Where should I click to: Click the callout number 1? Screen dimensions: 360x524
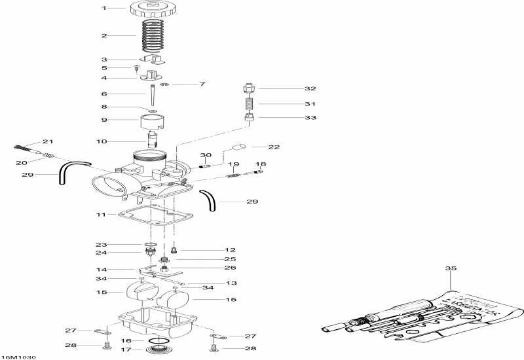click(103, 8)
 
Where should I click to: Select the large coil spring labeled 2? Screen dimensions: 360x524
click(155, 35)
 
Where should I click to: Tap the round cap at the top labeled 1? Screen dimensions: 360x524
click(155, 9)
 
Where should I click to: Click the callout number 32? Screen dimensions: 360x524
click(291, 88)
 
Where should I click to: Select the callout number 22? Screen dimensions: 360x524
click(274, 147)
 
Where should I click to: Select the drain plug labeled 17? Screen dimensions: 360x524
click(156, 351)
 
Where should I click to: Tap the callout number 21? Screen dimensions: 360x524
click(47, 141)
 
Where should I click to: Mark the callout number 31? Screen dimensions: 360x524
click(291, 103)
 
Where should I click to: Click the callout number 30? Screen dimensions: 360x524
click(206, 154)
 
